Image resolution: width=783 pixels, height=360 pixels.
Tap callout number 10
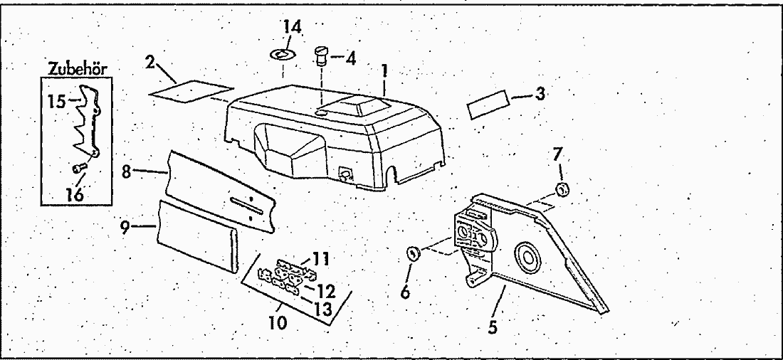pos(278,322)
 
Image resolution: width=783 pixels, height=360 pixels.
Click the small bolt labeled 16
pos(79,168)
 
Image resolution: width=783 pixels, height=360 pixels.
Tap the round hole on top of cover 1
pos(322,112)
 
